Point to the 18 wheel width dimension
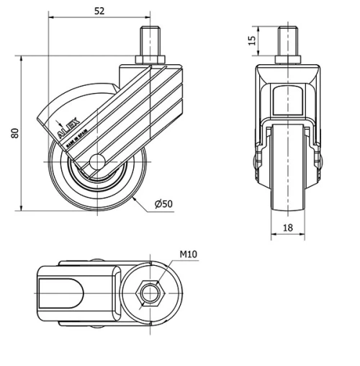tap(287, 227)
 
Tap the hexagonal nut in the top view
tap(149, 293)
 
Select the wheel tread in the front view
tap(288, 187)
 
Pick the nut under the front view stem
tap(288, 60)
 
